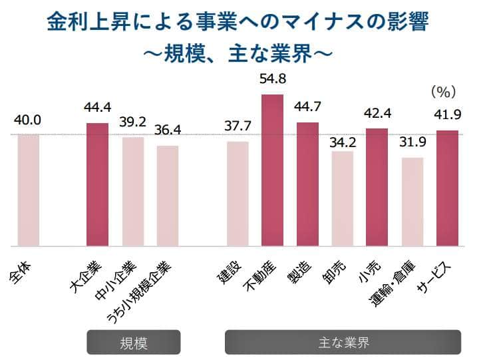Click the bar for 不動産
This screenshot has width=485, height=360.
(x=272, y=170)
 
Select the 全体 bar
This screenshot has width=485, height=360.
(x=29, y=190)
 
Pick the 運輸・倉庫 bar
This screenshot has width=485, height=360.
(x=412, y=202)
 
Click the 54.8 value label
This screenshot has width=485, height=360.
(x=272, y=79)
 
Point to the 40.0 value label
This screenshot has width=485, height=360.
(x=28, y=120)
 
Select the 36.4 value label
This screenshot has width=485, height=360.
(x=168, y=131)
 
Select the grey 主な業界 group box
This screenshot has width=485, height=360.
(x=343, y=343)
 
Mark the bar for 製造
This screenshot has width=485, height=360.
(x=307, y=184)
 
